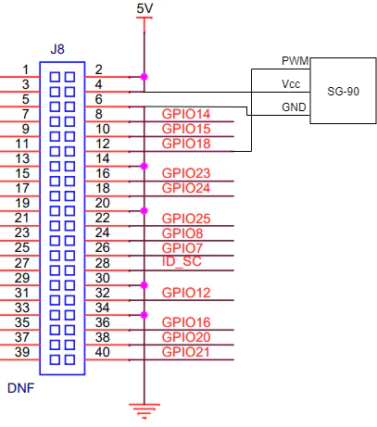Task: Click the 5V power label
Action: point(145,8)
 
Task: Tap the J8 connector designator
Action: point(57,49)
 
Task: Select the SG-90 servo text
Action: point(343,92)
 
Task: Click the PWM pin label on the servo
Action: point(295,61)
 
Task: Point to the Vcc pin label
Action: point(291,84)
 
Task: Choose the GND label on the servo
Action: point(294,107)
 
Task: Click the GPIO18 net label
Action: point(186,144)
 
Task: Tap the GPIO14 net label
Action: point(186,114)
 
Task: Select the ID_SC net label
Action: point(182,261)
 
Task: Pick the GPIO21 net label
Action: point(185,352)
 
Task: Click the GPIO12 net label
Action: point(186,293)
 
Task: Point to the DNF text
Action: point(20,388)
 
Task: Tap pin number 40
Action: point(102,352)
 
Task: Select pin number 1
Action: point(26,69)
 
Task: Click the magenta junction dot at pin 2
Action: point(144,77)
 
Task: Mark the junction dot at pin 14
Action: point(144,166)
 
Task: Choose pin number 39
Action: point(22,352)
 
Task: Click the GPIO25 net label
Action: point(186,219)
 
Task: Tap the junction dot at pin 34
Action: point(144,315)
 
